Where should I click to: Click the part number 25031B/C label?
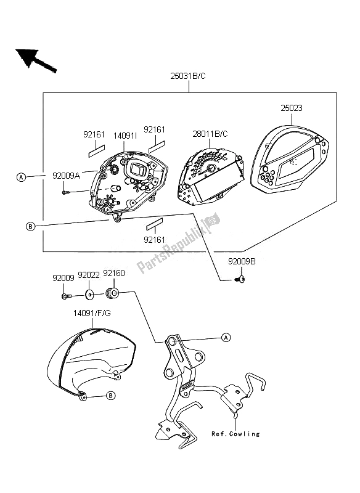[x=187, y=76]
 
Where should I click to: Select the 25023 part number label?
[x=292, y=108]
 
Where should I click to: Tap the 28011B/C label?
[x=210, y=134]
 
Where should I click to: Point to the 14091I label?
[x=125, y=136]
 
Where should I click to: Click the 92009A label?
[x=67, y=176]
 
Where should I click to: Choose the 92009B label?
[x=242, y=261]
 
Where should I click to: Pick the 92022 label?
[x=89, y=275]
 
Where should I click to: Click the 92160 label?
[x=114, y=273]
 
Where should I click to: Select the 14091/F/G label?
[x=92, y=313]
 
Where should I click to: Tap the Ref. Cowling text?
[x=236, y=434]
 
